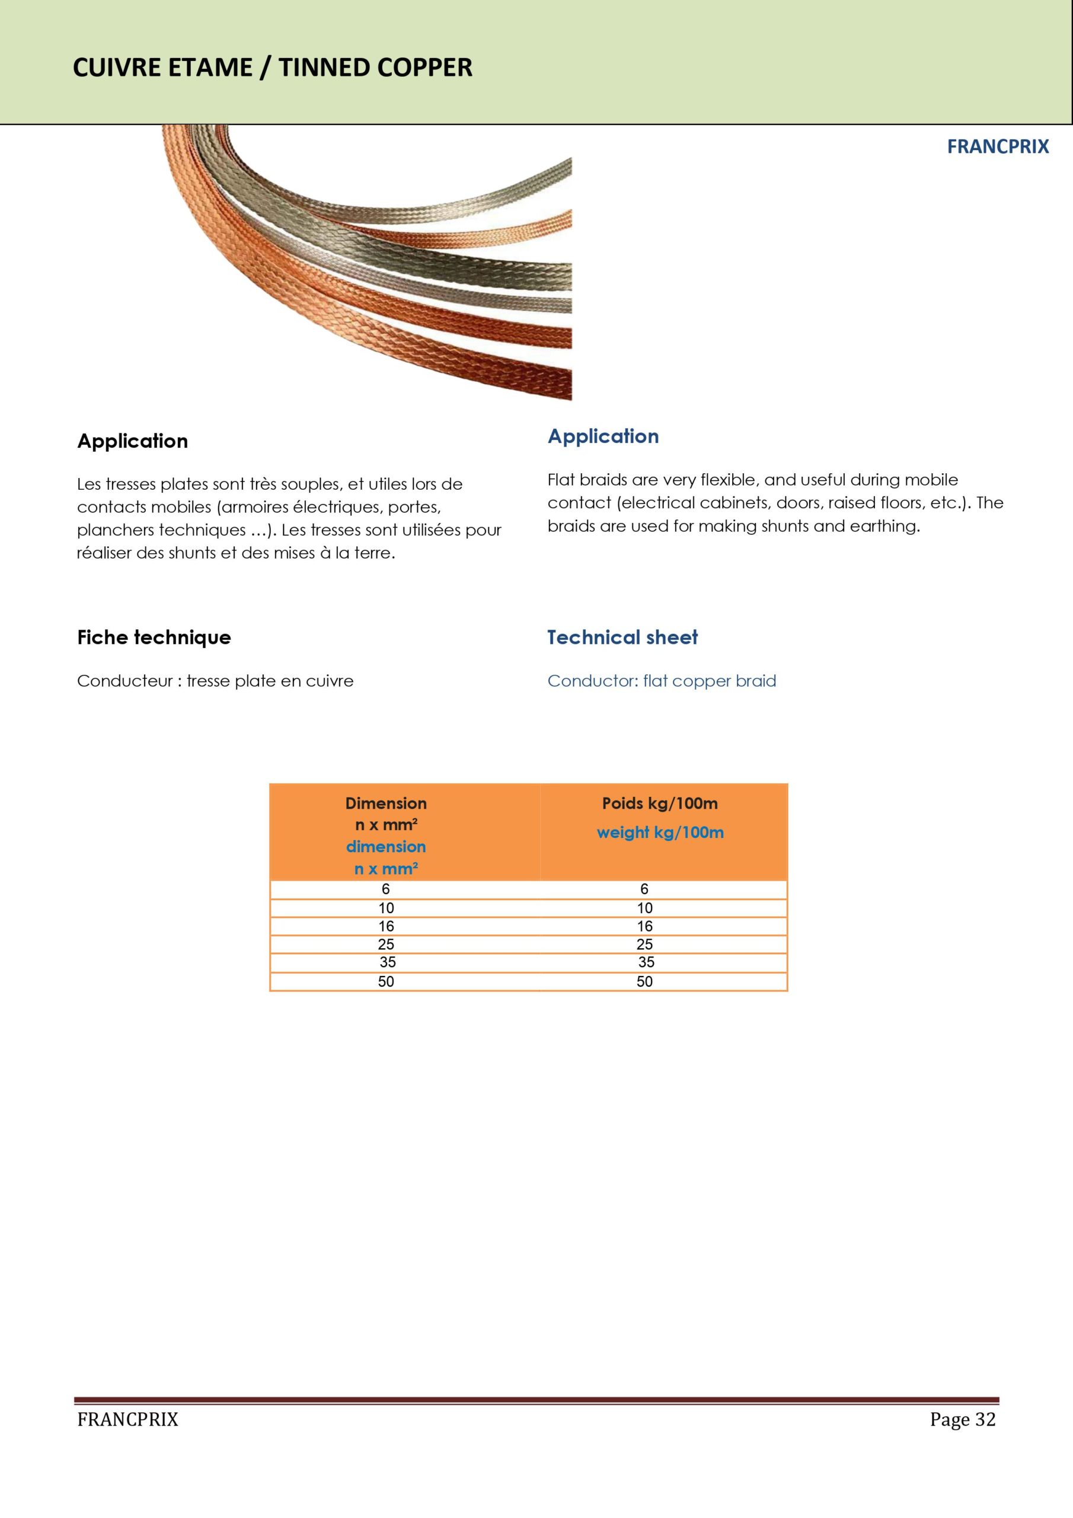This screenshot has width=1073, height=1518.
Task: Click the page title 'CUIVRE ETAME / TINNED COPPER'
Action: click(x=272, y=68)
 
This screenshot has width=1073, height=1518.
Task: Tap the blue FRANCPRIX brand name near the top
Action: click(x=998, y=147)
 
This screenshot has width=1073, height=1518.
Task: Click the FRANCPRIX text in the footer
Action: click(x=127, y=1420)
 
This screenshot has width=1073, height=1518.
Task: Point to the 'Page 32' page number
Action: click(x=962, y=1420)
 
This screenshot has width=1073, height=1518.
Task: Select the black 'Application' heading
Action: click(x=132, y=441)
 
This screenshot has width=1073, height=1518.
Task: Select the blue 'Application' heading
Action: click(x=603, y=436)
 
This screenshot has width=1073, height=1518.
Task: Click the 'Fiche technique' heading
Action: click(x=154, y=637)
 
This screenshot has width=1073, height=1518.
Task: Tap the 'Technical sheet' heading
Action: click(x=622, y=637)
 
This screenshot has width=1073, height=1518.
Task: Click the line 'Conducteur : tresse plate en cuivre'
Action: click(x=215, y=681)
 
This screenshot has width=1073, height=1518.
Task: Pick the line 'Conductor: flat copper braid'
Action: click(x=661, y=681)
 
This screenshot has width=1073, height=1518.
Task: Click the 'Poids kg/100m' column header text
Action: click(x=659, y=803)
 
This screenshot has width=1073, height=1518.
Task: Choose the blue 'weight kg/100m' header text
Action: click(x=660, y=833)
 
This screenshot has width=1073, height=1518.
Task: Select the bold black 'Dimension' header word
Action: click(x=386, y=803)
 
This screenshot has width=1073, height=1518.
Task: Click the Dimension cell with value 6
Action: click(x=386, y=889)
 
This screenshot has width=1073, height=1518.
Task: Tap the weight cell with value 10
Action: click(x=644, y=908)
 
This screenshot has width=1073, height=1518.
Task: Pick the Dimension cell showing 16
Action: click(x=386, y=926)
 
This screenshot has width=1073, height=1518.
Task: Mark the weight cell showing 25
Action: click(x=644, y=944)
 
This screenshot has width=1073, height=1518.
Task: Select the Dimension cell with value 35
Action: click(x=388, y=962)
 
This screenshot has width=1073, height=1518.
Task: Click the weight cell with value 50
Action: click(x=644, y=982)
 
